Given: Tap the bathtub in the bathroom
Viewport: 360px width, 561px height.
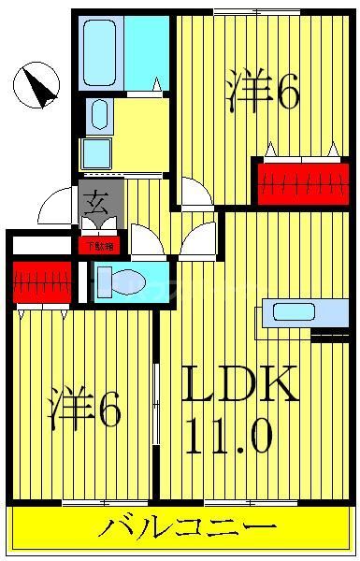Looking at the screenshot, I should [x=101, y=51].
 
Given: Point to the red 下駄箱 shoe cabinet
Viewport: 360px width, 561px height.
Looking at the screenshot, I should [x=98, y=247].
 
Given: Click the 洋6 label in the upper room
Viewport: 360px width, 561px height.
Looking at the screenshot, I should [x=263, y=92].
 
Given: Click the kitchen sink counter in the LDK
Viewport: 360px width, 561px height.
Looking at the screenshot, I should [x=293, y=313].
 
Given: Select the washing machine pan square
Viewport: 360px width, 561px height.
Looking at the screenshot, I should [x=96, y=152].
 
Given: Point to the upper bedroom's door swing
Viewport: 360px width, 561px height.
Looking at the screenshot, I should [x=196, y=194].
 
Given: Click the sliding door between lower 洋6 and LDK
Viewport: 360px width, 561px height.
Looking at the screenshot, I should [x=157, y=402].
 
